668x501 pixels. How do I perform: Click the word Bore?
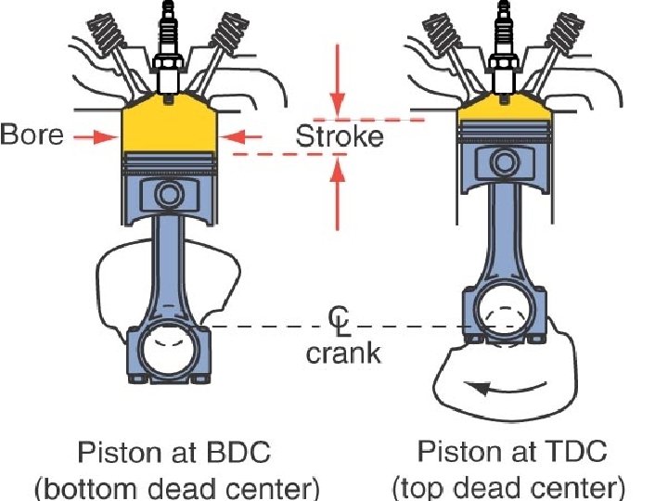[32, 135]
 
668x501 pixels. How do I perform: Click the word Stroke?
[339, 137]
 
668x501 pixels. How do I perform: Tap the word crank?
[343, 354]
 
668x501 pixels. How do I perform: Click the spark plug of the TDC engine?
[504, 46]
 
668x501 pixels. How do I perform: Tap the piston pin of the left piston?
[169, 195]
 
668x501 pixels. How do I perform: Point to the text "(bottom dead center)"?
[175, 487]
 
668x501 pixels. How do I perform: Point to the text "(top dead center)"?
[509, 487]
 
